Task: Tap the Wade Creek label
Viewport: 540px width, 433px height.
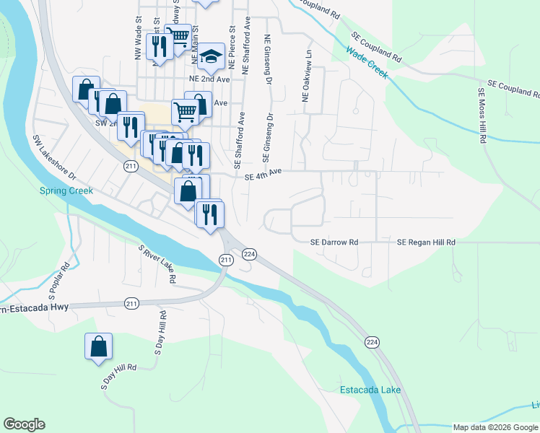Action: (x=367, y=62)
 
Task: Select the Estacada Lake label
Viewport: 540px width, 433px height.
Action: (x=370, y=390)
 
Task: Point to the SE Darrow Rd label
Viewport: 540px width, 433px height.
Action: (x=334, y=242)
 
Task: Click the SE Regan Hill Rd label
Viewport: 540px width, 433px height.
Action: (x=426, y=242)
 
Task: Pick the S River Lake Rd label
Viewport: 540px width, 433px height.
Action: (x=158, y=264)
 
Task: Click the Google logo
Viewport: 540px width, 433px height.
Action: (x=24, y=425)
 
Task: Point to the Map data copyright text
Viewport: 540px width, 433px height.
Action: (x=495, y=427)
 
